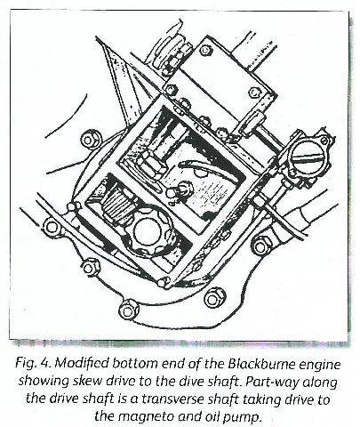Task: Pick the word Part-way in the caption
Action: click(273, 383)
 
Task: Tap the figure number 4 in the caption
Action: click(44, 364)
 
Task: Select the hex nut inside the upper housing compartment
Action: click(149, 164)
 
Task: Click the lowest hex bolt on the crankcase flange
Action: click(128, 310)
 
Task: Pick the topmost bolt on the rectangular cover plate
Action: click(204, 50)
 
